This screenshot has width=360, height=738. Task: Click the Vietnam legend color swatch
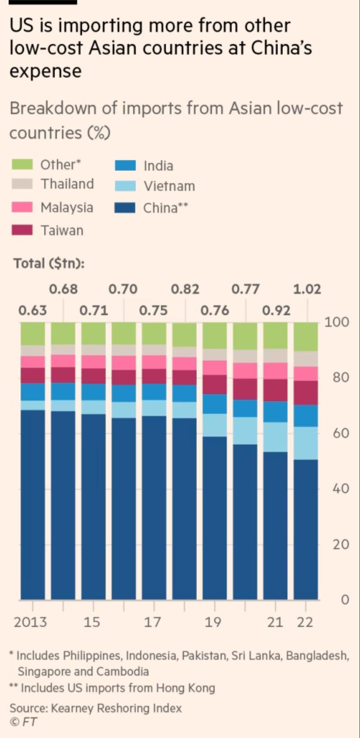(x=125, y=186)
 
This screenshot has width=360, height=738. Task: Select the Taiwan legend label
(x=62, y=230)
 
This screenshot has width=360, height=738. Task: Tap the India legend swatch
(x=125, y=165)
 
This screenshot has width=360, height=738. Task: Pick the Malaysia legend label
(x=67, y=207)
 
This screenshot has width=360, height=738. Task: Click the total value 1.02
(x=307, y=289)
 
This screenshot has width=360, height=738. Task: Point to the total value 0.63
(x=32, y=310)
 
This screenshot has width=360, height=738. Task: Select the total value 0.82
(x=185, y=289)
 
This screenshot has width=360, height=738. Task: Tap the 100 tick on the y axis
(x=336, y=322)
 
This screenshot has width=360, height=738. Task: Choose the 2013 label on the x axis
(x=30, y=622)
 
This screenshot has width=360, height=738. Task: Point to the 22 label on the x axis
(x=305, y=622)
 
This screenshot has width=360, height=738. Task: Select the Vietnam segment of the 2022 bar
(x=306, y=443)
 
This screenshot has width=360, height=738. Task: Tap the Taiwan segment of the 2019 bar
(x=215, y=384)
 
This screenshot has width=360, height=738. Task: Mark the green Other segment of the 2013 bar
(x=32, y=334)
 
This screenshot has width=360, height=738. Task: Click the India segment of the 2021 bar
(x=275, y=412)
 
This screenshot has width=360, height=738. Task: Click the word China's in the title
(x=281, y=48)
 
